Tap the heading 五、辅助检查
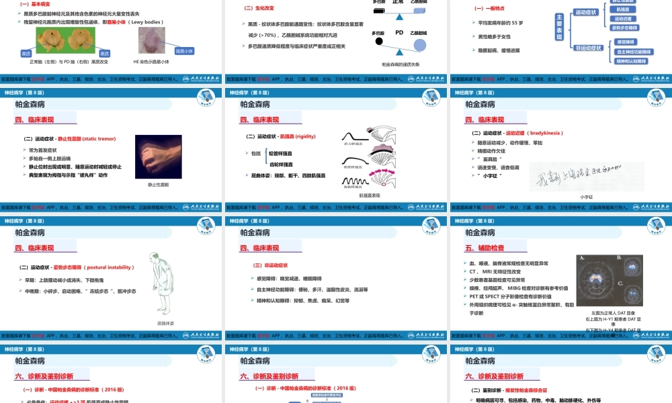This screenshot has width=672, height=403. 488,249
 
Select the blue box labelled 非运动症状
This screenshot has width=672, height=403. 589,48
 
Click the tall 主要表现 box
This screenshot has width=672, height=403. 560,28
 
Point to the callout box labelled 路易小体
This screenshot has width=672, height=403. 184,51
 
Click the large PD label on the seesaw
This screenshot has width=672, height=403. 399,32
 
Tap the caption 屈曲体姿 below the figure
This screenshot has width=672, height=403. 165,323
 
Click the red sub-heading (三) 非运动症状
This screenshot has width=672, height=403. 269,265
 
